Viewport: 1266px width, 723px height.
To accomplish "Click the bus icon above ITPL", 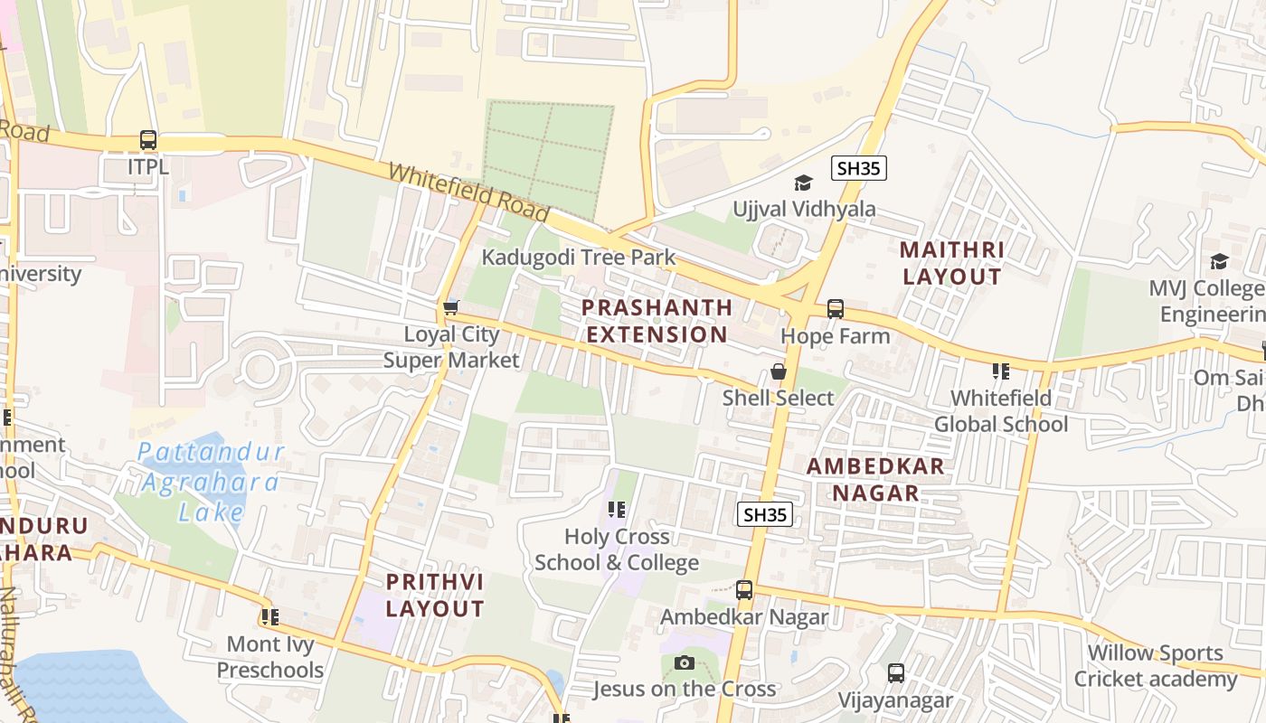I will pos(148,140).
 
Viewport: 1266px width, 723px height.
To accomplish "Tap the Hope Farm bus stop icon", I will pos(836,309).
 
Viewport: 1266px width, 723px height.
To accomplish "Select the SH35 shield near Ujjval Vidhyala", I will pos(858,168).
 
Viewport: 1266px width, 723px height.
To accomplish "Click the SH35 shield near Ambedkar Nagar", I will pos(765,514).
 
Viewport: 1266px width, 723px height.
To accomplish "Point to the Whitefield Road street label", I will pos(468,192).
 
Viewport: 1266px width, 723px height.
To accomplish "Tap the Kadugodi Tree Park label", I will pos(578,258).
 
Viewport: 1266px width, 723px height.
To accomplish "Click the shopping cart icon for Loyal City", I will pos(450,307).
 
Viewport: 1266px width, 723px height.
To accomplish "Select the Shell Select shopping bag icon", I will pos(778,371).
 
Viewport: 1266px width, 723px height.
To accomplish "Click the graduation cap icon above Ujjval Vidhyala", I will pos(803,183).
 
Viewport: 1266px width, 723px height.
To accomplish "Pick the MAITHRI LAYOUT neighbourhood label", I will pos(952,263).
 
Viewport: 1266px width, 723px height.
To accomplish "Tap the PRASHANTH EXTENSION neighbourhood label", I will pos(657,321).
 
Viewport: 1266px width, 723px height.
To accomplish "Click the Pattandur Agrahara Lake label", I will pos(211,482).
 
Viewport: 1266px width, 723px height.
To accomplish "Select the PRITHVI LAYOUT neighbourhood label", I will pos(435,595).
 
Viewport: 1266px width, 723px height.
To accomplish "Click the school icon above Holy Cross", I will pos(617,510).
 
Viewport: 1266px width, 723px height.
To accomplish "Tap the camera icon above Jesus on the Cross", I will pos(685,663).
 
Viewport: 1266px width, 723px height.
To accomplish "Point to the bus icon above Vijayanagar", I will pos(895,673).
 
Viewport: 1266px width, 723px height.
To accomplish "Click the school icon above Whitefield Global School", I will pos(1000,371).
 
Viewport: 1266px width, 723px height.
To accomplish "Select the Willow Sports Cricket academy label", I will pos(1155,665).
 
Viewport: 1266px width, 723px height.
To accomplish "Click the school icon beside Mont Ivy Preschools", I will pos(269,617).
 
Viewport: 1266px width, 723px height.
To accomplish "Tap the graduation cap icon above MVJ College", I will pos(1219,261).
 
